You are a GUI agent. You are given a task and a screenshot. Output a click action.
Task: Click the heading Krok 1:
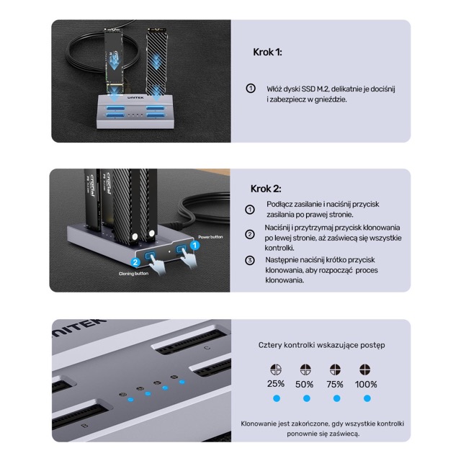(267, 53)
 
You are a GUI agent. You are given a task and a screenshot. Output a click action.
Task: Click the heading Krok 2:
(266, 188)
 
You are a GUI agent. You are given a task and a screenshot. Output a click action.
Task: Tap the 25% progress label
(275, 384)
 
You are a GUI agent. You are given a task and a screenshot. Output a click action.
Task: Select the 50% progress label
(304, 384)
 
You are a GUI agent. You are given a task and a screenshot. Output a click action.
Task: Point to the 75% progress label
(335, 384)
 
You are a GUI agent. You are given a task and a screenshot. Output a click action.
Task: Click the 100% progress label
(366, 384)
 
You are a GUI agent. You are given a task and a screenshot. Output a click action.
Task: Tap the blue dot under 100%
(367, 398)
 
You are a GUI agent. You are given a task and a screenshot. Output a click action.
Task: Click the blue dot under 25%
(275, 398)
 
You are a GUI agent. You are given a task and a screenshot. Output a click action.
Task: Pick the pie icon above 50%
(305, 369)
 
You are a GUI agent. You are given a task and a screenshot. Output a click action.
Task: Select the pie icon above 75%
(335, 369)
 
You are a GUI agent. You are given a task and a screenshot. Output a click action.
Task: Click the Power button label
(210, 236)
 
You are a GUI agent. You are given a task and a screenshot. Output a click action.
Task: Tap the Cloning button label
(134, 274)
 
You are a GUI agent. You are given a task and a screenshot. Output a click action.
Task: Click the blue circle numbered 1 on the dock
(194, 245)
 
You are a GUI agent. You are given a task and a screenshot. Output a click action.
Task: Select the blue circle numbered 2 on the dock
(135, 263)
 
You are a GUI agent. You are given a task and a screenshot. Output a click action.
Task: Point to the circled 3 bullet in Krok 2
(250, 260)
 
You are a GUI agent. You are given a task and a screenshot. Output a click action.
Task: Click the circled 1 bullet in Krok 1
(251, 88)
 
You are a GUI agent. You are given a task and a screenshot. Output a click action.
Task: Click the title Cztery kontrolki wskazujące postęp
(321, 345)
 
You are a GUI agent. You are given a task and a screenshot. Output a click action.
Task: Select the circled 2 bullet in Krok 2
(250, 234)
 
